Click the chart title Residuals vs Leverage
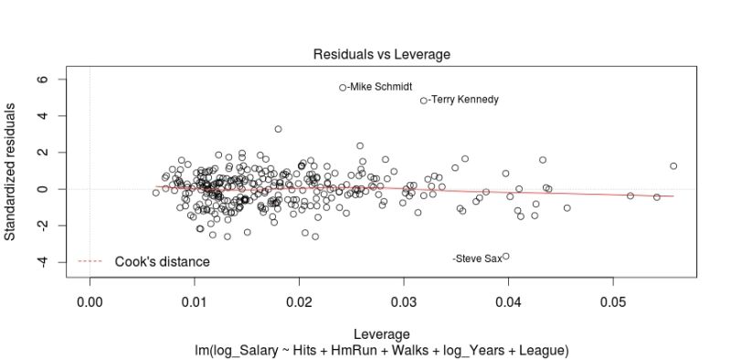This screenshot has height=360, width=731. click(381, 55)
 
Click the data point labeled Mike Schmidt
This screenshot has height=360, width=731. click(343, 88)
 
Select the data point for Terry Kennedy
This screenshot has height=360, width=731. click(424, 101)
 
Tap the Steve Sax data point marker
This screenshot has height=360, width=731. click(505, 257)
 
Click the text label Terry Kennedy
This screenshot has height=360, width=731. click(463, 100)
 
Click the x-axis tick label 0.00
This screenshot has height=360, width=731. click(90, 301)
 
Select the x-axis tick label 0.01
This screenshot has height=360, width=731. click(194, 301)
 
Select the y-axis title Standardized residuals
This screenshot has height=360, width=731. click(11, 171)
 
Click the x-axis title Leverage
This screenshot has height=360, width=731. click(381, 334)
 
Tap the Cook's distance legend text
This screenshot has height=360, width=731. click(162, 262)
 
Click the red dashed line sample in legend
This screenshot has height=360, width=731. click(90, 262)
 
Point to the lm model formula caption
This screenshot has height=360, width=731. click(381, 350)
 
